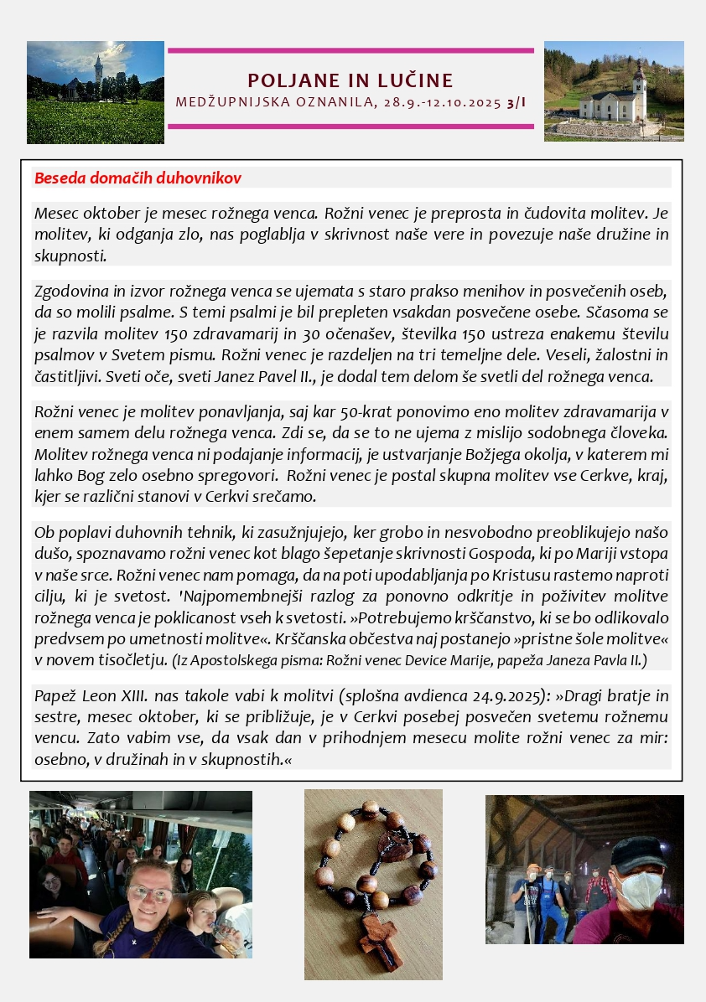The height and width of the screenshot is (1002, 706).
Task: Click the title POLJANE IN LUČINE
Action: tap(350, 80)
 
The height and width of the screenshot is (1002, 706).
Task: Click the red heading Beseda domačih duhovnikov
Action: tap(138, 178)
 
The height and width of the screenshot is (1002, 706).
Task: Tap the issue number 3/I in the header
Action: tap(517, 103)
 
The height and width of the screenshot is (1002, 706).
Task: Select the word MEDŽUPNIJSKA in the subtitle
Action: tap(224, 103)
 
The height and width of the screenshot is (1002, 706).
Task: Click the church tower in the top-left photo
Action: tap(98, 68)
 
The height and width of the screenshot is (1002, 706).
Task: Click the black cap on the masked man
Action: tap(639, 853)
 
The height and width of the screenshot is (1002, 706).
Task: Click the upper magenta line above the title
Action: tap(350, 50)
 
